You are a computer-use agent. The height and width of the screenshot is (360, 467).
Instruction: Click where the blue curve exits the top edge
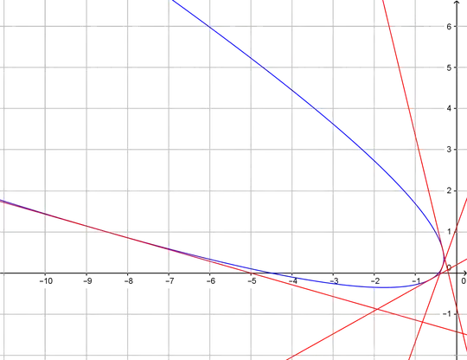tap(173, 1)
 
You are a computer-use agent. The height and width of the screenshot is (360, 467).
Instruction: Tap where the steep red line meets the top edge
tap(383, 1)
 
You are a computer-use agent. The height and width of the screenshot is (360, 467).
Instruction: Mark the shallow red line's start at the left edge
tap(1, 200)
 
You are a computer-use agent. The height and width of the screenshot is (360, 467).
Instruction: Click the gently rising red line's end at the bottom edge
tap(285, 358)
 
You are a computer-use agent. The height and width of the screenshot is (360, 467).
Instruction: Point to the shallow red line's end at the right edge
tap(465, 333)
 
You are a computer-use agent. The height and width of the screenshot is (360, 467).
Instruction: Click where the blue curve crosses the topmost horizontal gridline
tap(210, 31)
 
